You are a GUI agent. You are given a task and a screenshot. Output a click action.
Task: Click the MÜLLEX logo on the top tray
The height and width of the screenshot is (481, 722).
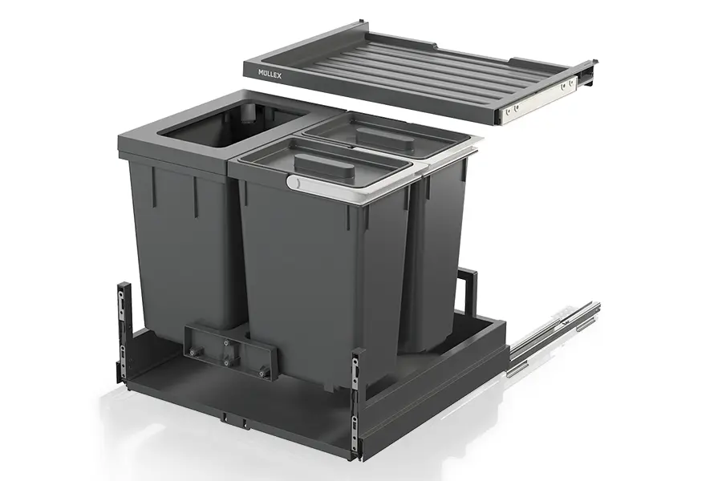pos(270,74)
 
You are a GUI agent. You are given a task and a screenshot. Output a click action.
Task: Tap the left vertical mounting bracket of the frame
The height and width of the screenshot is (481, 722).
pos(123,331)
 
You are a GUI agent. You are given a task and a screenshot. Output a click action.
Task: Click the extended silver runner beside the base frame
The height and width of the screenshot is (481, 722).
pos(553,339)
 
